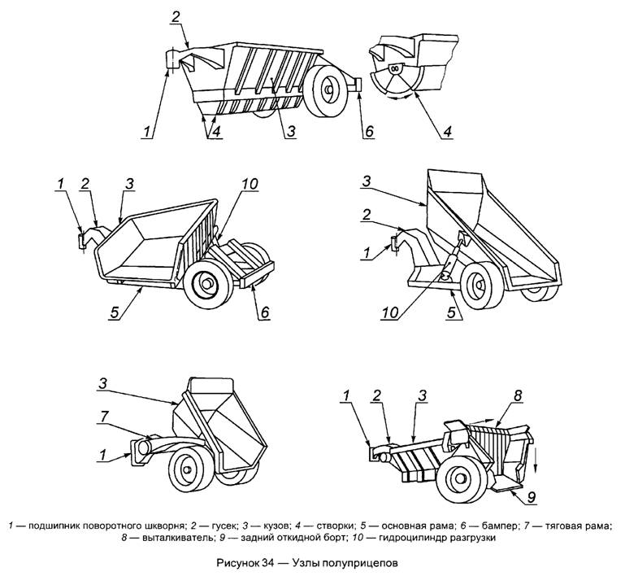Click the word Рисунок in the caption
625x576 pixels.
[x=239, y=561]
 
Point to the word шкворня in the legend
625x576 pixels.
[x=158, y=521]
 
